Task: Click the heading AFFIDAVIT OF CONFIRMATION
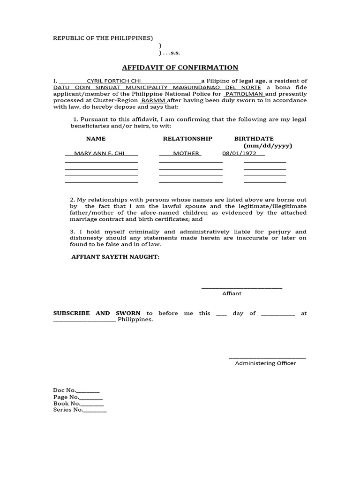click(x=180, y=67)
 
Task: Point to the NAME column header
click(x=96, y=139)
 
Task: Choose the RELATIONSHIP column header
click(x=187, y=139)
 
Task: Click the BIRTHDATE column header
click(x=254, y=139)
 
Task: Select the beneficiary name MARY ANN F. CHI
click(x=99, y=153)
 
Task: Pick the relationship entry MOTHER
click(x=186, y=153)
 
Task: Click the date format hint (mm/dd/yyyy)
click(x=267, y=146)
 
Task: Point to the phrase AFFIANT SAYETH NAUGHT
click(x=115, y=257)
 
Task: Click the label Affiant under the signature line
click(x=232, y=293)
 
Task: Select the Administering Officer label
click(x=265, y=363)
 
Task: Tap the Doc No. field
click(x=76, y=390)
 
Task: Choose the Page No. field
click(x=78, y=397)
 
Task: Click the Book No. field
click(x=79, y=404)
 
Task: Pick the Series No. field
click(x=80, y=410)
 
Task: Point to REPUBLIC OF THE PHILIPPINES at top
click(x=103, y=38)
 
